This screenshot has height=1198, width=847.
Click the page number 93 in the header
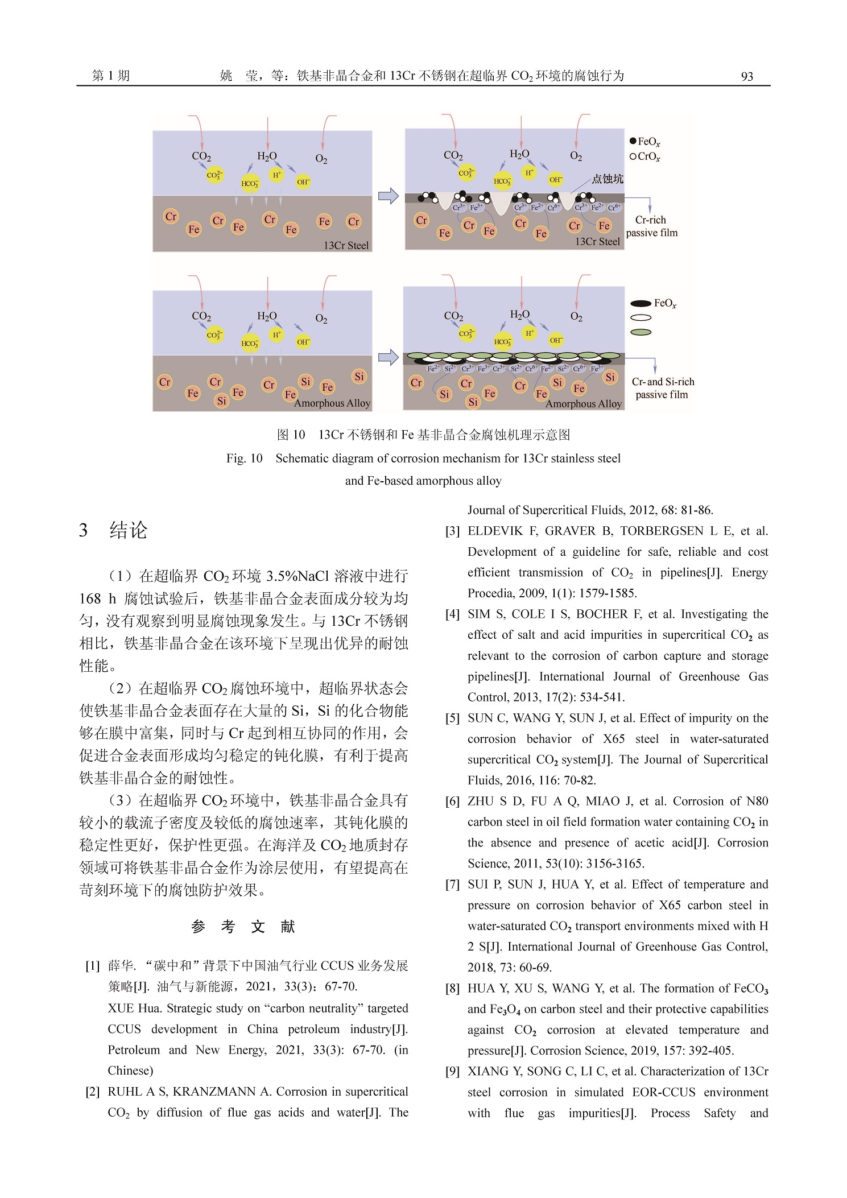pyautogui.click(x=747, y=77)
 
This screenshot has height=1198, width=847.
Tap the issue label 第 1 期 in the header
pyautogui.click(x=111, y=76)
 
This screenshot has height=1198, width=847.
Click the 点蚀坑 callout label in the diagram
pyautogui.click(x=607, y=179)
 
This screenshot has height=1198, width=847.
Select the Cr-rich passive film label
pyautogui.click(x=651, y=226)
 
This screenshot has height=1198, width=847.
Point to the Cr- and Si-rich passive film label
pyautogui.click(x=663, y=388)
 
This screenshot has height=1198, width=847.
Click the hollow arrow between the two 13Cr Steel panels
pyautogui.click(x=389, y=196)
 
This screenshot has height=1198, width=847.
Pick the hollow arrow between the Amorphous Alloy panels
pyautogui.click(x=389, y=357)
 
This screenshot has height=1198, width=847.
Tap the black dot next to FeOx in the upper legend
pyautogui.click(x=633, y=141)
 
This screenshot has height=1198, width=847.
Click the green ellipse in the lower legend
pyautogui.click(x=641, y=332)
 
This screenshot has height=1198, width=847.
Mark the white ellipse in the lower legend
pyautogui.click(x=641, y=318)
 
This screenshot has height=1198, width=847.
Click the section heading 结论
pyautogui.click(x=129, y=530)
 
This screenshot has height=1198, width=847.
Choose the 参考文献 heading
pyautogui.click(x=243, y=927)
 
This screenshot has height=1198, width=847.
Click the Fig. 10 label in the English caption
pyautogui.click(x=244, y=458)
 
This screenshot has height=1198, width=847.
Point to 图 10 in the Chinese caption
pyautogui.click(x=291, y=435)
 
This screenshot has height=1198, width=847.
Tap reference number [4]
pyautogui.click(x=452, y=614)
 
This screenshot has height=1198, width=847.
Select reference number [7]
pyautogui.click(x=452, y=885)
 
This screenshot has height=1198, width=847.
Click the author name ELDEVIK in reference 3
pyautogui.click(x=495, y=531)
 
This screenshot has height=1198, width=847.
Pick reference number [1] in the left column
pyautogui.click(x=93, y=966)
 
